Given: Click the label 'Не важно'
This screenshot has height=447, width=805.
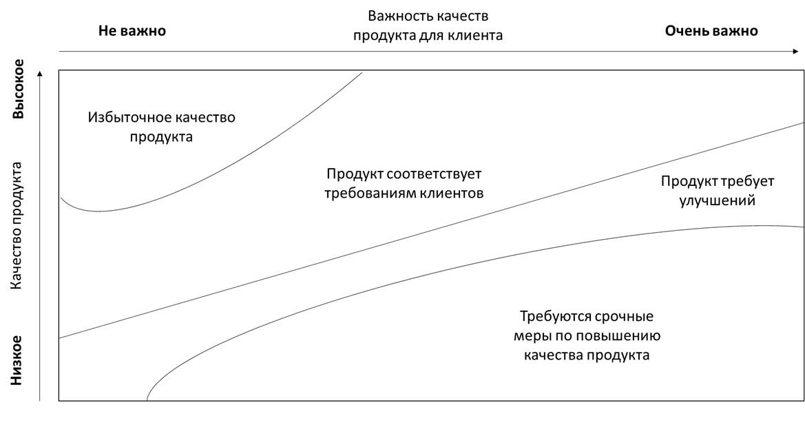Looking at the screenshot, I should point(132,31).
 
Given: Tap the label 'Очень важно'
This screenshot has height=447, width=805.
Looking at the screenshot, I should point(711,31).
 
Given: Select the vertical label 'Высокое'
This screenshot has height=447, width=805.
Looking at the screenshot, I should point(19,89).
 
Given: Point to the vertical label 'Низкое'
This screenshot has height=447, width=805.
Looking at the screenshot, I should point(19,360).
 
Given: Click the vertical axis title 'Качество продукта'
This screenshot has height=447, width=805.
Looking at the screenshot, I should point(19,225).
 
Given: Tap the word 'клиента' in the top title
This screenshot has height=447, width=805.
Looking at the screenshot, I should point(476,35).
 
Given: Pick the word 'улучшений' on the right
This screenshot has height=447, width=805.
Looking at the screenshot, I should point(718,200).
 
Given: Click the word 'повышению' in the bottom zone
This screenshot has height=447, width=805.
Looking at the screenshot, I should point(624,336).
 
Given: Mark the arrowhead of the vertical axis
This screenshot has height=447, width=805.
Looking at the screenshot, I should point(40,73).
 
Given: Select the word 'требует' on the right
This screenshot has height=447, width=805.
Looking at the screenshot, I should point(748,181).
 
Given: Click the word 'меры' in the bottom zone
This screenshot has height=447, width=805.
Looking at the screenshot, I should point(530,336).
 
